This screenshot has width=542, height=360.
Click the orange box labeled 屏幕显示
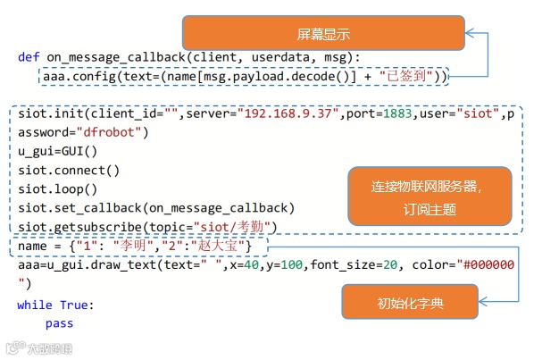click(x=321, y=34)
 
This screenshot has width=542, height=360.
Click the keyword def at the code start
click(x=28, y=57)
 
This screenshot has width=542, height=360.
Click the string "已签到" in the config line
click(x=407, y=77)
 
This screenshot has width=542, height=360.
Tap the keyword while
click(x=35, y=305)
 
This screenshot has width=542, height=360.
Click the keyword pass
click(x=59, y=323)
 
